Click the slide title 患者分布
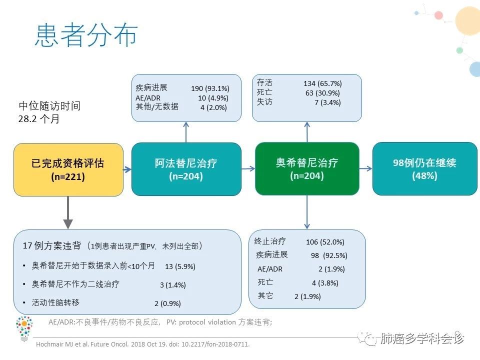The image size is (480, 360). [86, 35]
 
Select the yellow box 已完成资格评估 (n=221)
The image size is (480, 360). [68, 169]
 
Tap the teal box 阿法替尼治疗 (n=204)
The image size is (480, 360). [186, 169]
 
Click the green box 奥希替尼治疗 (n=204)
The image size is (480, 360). [307, 168]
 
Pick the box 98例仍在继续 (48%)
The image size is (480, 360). [424, 168]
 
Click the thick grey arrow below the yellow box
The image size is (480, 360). [68, 212]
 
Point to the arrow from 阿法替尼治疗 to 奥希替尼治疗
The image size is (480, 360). [248, 169]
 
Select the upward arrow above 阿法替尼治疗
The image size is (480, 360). [186, 132]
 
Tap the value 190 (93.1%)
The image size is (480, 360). [209, 89]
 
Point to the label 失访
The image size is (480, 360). [264, 102]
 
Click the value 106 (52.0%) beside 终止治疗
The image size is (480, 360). [325, 242]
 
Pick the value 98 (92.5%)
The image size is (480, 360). [329, 255]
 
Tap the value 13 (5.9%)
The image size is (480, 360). [180, 266]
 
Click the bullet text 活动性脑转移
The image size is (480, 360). [55, 302]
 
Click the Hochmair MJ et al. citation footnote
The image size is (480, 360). [142, 344]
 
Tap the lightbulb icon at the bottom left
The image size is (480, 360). [24, 328]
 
